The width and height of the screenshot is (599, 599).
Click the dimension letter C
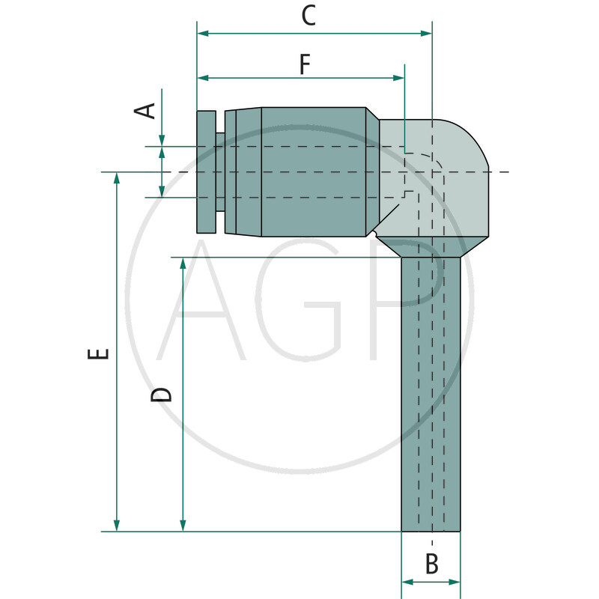(x=308, y=15)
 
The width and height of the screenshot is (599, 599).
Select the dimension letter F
(x=305, y=64)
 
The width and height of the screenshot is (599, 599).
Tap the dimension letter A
(x=145, y=111)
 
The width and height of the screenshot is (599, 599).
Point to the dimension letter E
(x=98, y=353)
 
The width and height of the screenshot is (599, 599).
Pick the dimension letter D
(x=161, y=395)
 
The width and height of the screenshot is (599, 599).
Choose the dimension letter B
(x=432, y=564)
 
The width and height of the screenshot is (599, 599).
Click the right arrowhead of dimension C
(x=426, y=34)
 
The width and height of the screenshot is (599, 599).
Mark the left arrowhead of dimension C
(x=203, y=34)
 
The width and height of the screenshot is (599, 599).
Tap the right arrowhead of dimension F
(x=399, y=78)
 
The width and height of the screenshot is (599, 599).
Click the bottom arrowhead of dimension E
(x=117, y=526)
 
